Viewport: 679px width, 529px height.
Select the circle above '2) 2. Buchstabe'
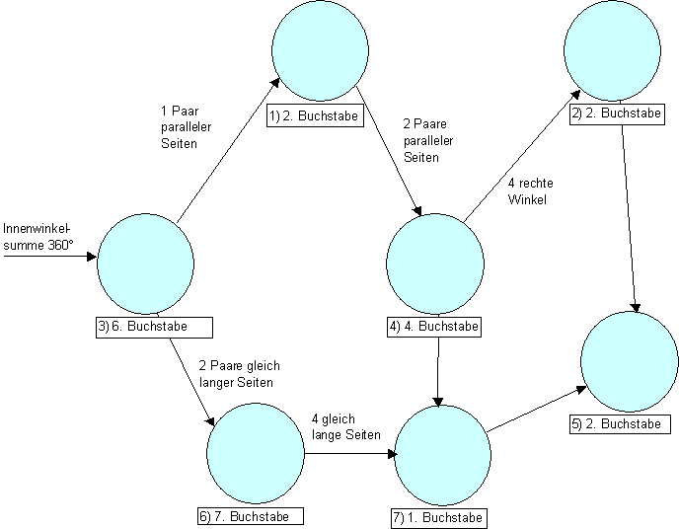tap(612, 54)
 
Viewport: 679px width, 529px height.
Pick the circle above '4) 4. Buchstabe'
tap(435, 261)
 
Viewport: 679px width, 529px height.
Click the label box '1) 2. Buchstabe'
tap(313, 116)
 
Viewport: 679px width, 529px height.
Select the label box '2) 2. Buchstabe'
tap(616, 113)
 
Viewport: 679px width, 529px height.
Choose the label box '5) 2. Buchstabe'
tap(620, 423)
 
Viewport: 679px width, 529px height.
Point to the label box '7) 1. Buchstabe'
tap(438, 517)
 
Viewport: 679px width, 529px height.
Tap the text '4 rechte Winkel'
tap(528, 191)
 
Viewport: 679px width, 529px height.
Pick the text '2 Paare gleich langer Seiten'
tap(236, 373)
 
